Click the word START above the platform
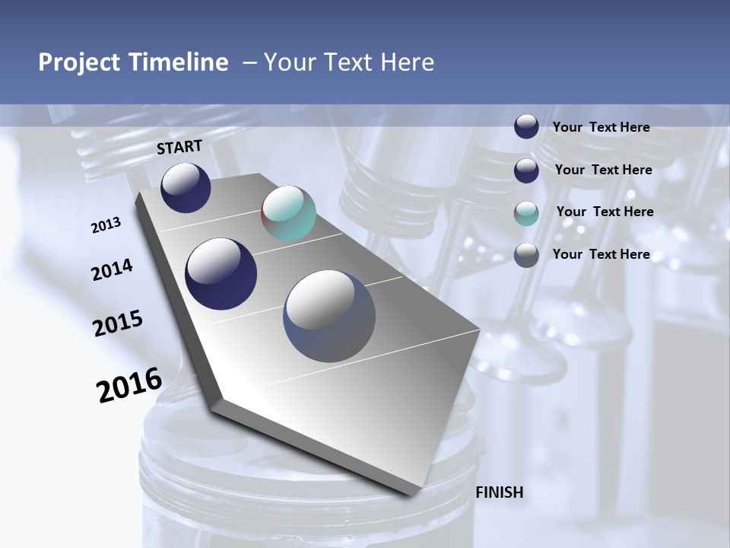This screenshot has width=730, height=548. (179, 147)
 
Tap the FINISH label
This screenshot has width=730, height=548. (499, 492)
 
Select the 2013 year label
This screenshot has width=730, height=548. (106, 225)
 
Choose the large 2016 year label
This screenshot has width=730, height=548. (129, 384)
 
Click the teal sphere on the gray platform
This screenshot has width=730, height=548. (288, 213)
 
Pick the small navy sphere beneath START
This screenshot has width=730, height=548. (186, 187)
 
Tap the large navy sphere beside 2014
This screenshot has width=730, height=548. (221, 274)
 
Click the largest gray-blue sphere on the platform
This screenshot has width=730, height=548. (329, 316)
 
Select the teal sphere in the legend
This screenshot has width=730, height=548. (526, 213)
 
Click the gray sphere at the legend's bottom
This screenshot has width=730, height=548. (526, 255)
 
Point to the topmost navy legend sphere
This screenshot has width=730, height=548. (526, 126)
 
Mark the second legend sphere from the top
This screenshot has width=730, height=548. (526, 170)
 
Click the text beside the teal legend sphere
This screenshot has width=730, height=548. (605, 212)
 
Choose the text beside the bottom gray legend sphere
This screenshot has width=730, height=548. (601, 254)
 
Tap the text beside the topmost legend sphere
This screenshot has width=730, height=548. (601, 127)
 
